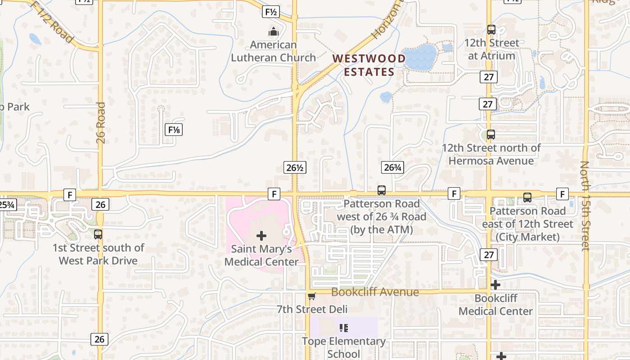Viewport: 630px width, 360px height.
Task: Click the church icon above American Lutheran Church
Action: tap(273, 31)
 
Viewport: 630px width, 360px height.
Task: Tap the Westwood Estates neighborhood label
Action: tap(369, 65)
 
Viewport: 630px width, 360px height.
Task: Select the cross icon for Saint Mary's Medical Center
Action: tap(261, 235)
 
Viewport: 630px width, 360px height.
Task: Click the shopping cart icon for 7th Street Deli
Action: tap(311, 296)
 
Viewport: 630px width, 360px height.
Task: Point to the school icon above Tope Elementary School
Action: tap(344, 328)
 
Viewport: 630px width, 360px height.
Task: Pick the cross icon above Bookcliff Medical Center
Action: tap(495, 285)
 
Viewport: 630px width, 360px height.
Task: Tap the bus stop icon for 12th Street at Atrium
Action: tap(491, 30)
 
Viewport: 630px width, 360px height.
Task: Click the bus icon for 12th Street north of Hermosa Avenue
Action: tap(491, 134)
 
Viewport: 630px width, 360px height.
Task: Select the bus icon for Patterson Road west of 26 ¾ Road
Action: tap(382, 190)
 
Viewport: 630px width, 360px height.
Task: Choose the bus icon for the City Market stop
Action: tap(527, 197)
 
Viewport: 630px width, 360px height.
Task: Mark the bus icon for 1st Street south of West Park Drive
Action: tap(98, 234)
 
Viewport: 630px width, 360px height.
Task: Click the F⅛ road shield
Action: tap(174, 130)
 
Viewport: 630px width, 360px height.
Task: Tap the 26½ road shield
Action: tap(295, 168)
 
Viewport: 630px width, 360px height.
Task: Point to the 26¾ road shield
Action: tap(392, 167)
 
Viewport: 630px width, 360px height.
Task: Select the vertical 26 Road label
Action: tap(101, 122)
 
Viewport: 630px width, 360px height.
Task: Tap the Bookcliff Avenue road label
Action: tap(375, 292)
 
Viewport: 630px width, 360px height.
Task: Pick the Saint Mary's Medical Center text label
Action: tap(261, 255)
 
